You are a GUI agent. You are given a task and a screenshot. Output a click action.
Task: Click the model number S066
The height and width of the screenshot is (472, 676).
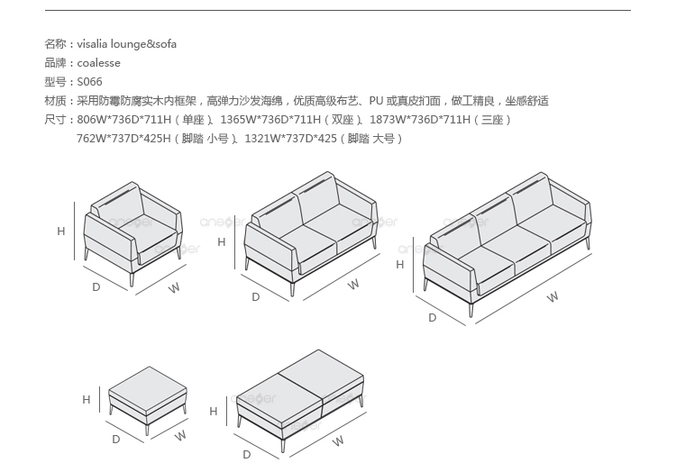(x=89, y=82)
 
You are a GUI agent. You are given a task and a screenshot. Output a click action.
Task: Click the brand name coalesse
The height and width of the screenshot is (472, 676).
(x=98, y=63)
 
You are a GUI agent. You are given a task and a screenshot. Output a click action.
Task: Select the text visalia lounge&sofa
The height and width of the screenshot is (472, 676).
(x=127, y=44)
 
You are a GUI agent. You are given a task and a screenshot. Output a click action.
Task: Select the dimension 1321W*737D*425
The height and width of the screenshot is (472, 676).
(x=291, y=139)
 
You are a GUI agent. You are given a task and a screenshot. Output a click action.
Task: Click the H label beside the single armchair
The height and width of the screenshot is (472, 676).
(x=61, y=231)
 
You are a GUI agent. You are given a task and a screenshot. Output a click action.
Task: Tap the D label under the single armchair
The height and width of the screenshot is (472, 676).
(x=96, y=287)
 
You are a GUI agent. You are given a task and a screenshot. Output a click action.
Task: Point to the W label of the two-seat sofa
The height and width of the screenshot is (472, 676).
(x=353, y=285)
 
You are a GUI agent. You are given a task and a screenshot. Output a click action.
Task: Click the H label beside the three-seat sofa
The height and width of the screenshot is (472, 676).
(x=400, y=265)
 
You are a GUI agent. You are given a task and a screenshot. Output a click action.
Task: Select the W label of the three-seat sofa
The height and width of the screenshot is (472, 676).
(x=553, y=296)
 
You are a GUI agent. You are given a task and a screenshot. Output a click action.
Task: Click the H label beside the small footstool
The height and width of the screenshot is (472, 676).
(x=87, y=400)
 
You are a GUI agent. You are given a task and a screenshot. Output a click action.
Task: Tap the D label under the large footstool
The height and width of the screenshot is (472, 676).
(x=246, y=455)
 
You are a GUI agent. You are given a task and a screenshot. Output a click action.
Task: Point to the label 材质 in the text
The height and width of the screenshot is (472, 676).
(x=55, y=101)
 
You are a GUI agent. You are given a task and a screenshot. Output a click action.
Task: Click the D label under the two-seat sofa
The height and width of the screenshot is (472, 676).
(x=255, y=296)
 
